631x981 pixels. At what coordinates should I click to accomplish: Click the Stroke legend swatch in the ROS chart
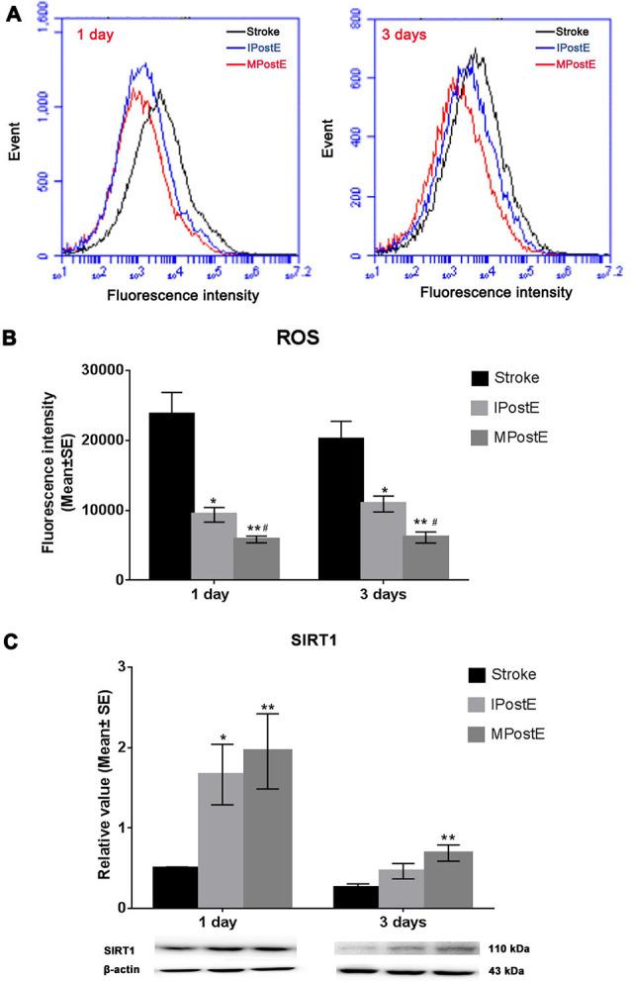coord(482,377)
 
